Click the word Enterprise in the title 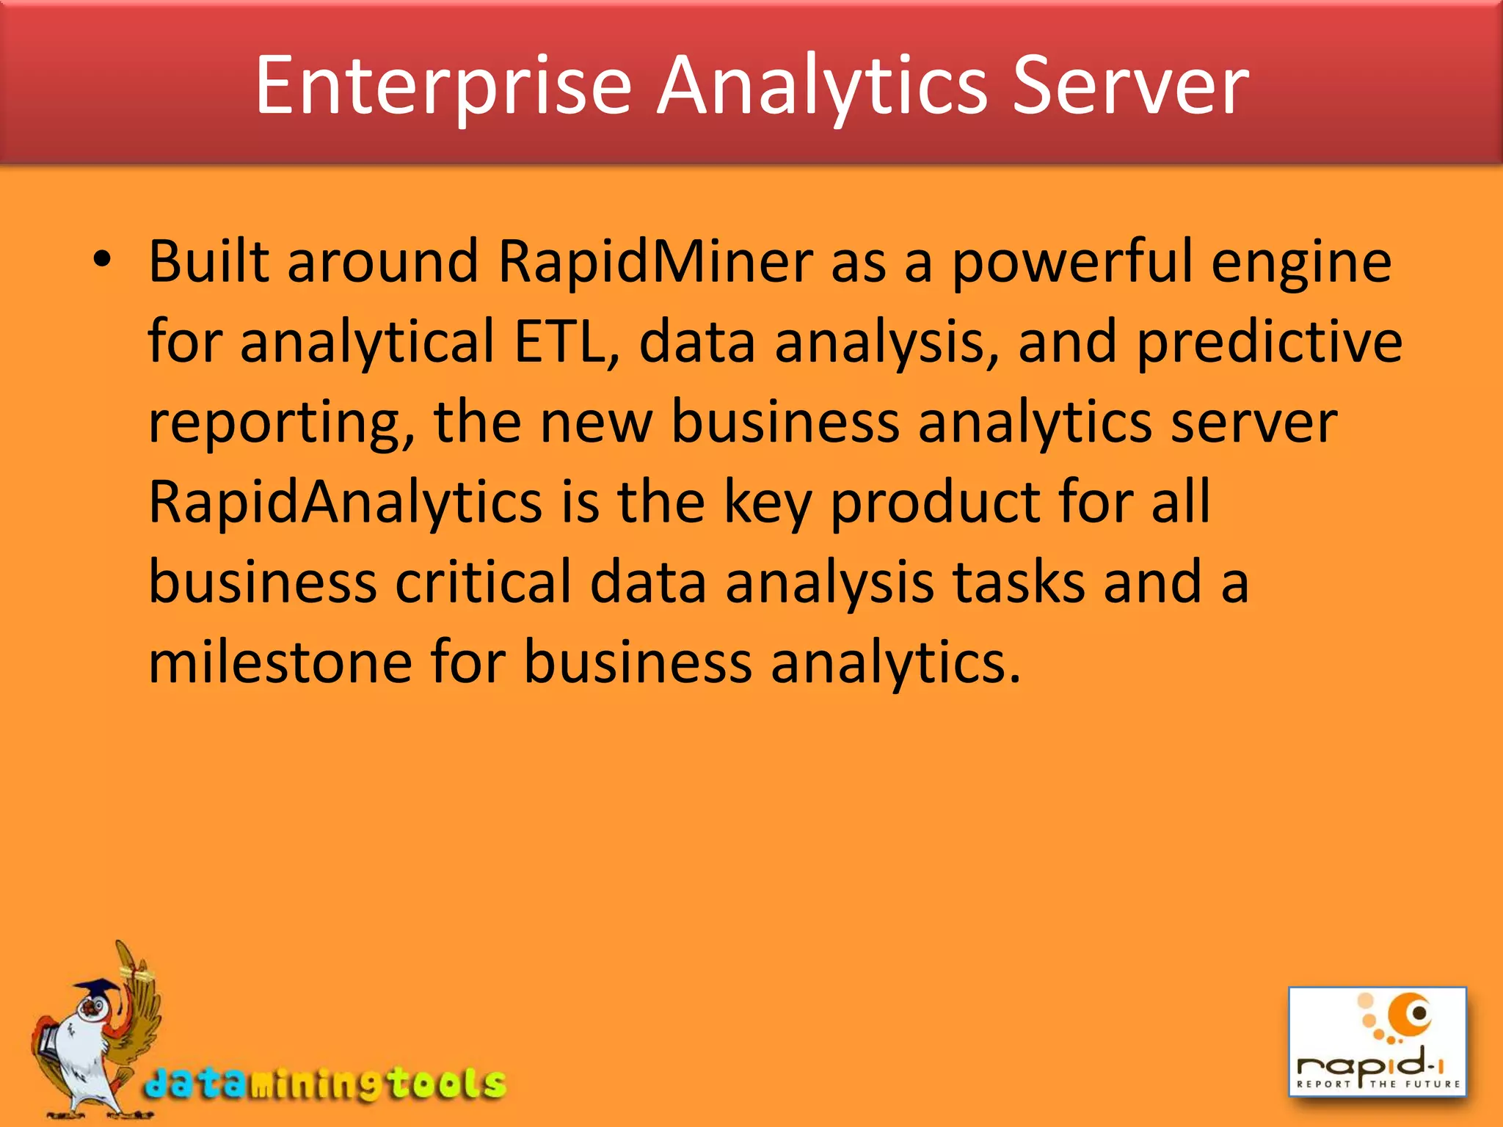click(443, 87)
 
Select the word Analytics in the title click(822, 87)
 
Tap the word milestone click(280, 662)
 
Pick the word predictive click(1269, 341)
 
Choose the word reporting click(282, 424)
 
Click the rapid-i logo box click(1378, 1042)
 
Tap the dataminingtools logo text click(325, 1084)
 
